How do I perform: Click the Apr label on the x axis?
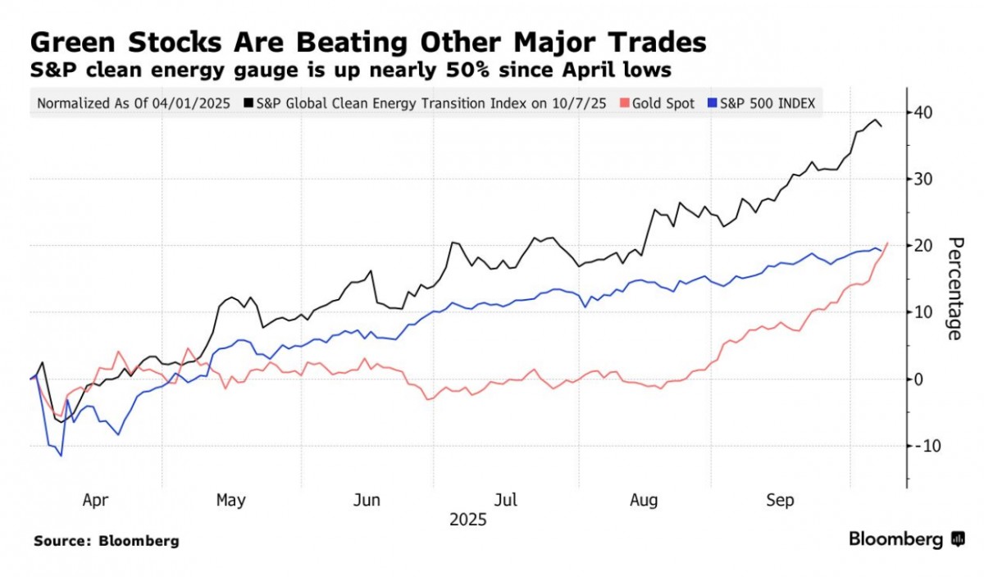click(x=95, y=500)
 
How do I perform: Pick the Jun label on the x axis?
click(x=367, y=500)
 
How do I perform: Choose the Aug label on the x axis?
click(x=644, y=500)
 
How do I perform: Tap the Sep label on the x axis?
click(x=780, y=500)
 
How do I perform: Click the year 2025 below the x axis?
click(x=468, y=520)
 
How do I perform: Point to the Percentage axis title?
click(x=954, y=288)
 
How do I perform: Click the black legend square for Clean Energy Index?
click(x=248, y=104)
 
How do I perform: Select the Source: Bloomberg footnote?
click(x=106, y=541)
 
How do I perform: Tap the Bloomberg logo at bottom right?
click(x=906, y=539)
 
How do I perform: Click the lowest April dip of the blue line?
click(x=61, y=456)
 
